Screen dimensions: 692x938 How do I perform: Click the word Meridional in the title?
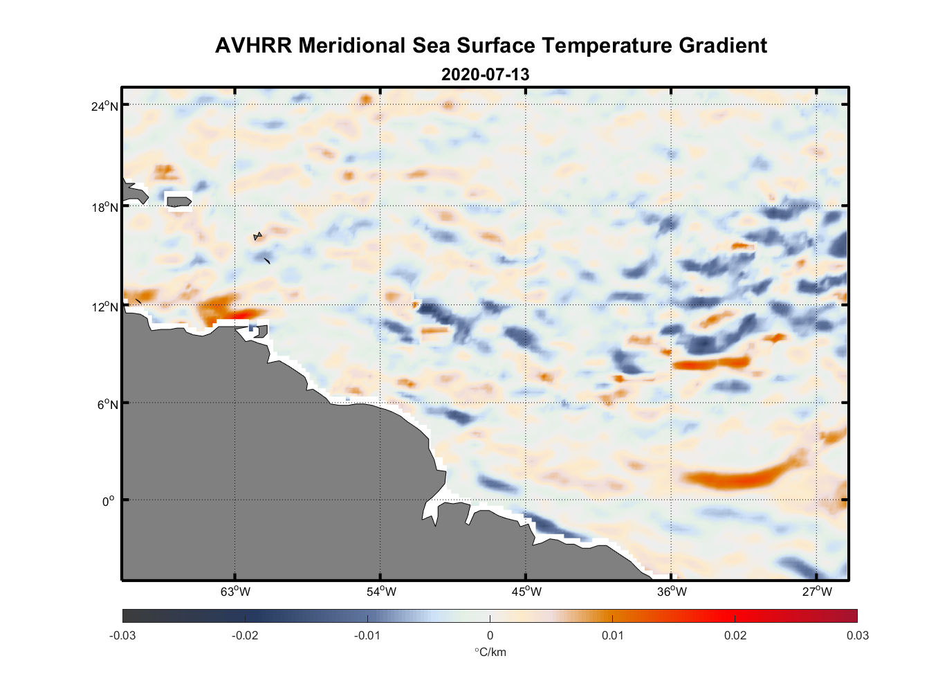coord(352,46)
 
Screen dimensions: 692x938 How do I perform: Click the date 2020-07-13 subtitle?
coord(485,75)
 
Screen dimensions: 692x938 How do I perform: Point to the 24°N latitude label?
coord(104,106)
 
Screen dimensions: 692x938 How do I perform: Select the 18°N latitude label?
coord(104,207)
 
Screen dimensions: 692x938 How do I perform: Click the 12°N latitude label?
coord(104,307)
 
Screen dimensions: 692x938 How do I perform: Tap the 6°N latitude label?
coord(107,404)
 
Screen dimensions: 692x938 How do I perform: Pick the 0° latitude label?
coord(108,501)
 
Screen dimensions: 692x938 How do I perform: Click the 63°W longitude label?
coord(235,592)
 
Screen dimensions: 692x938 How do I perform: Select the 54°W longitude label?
coord(381,592)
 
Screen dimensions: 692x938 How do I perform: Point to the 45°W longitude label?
coord(526,592)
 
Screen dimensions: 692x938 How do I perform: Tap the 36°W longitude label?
coord(672,592)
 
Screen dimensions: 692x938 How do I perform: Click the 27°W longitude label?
coord(817,592)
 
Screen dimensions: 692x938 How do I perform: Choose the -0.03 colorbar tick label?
coord(122,635)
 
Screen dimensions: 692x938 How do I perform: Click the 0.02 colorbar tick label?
coord(735,635)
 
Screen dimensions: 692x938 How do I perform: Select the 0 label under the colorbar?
coord(490,635)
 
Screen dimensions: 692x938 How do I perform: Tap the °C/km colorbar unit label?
coord(490,652)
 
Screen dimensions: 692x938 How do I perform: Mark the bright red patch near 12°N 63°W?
coord(239,315)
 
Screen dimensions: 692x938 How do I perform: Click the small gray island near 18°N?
coord(179,201)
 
